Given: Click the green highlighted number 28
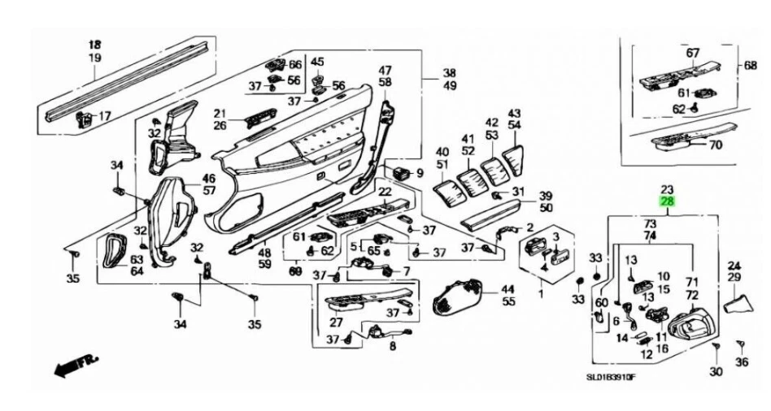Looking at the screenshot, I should click(x=667, y=201).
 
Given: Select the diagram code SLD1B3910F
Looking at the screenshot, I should click(x=612, y=377).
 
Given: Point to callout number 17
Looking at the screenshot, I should click(x=105, y=117).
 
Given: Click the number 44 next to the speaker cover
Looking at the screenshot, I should click(x=508, y=289).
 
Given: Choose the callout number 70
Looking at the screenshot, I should click(x=715, y=147).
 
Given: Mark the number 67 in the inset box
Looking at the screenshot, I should click(x=692, y=53).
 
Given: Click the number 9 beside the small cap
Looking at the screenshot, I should click(x=420, y=173).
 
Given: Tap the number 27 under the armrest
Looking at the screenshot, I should click(x=336, y=322).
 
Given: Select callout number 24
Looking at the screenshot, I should click(x=734, y=266).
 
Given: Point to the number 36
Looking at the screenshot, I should click(x=741, y=362).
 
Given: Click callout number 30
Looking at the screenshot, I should click(x=716, y=371).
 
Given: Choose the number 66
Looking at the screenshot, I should click(x=294, y=65).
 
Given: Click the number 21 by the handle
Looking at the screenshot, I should click(x=220, y=113).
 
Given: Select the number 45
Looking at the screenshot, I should click(x=317, y=62).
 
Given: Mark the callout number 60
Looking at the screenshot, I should click(x=602, y=302).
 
